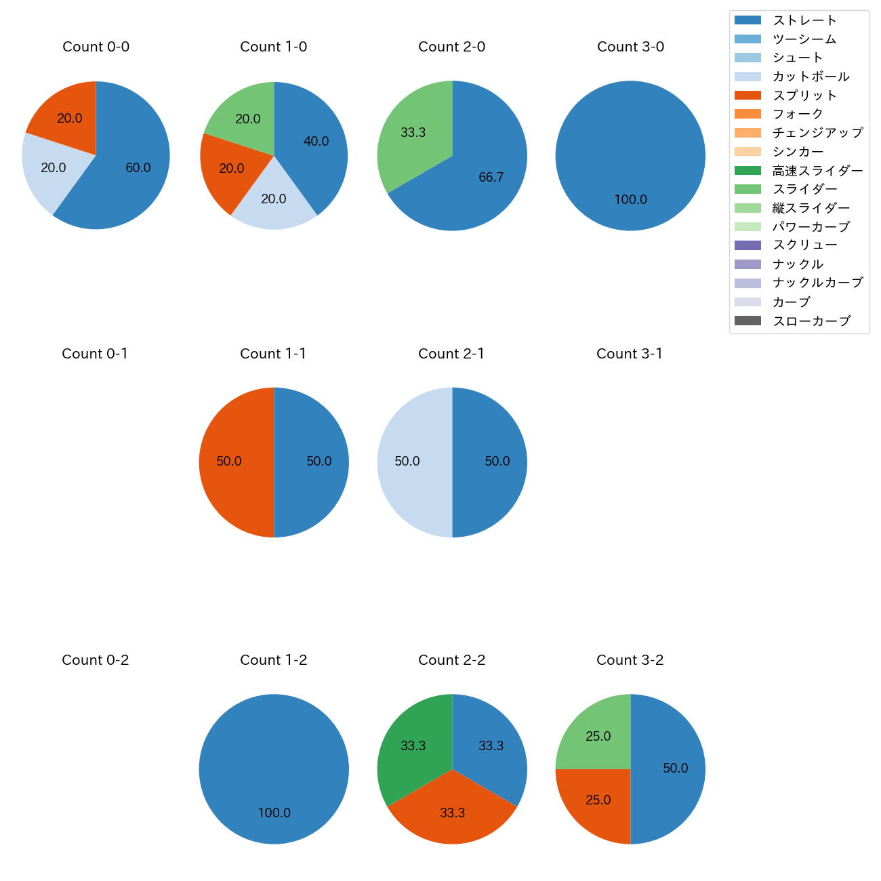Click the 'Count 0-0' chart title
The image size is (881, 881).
click(96, 47)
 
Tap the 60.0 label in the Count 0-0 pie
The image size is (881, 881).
click(138, 168)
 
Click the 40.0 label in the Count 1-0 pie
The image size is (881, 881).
click(316, 142)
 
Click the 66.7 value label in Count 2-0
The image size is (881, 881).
click(491, 178)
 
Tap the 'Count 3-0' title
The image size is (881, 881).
click(630, 47)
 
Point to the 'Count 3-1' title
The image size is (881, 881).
click(630, 354)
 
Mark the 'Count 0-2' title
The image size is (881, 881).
click(96, 660)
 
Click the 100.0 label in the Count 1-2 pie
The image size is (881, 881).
click(274, 813)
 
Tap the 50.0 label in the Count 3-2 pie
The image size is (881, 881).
click(675, 769)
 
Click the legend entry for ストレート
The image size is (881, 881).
click(804, 20)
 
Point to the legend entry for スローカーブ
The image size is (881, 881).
click(811, 321)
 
